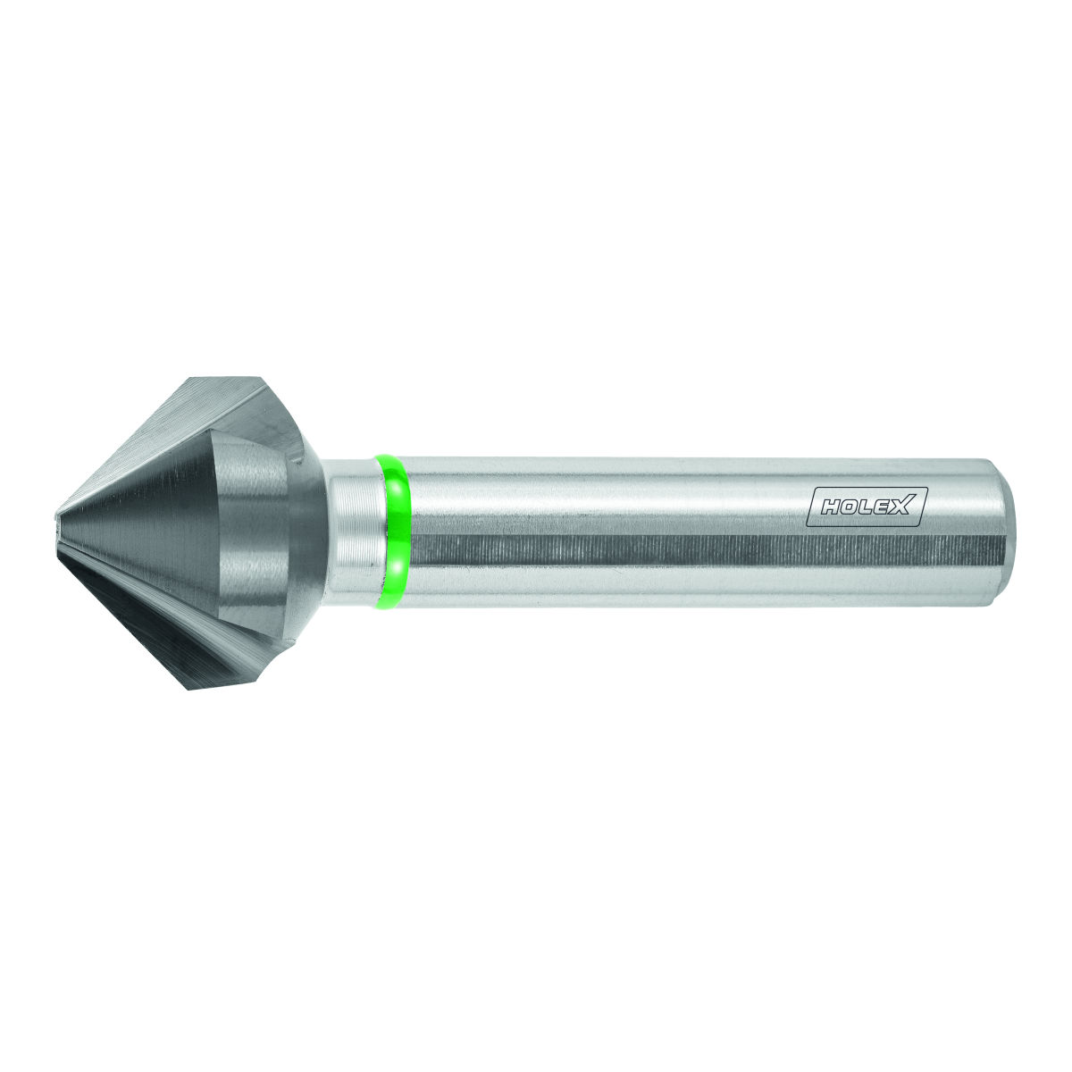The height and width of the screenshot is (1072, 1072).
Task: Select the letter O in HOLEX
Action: [x=851, y=507]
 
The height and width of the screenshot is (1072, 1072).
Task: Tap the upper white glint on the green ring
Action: [x=396, y=490]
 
